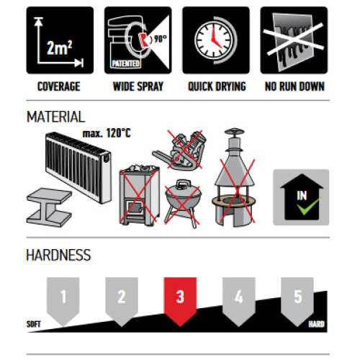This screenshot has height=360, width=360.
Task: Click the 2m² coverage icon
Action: [60, 40]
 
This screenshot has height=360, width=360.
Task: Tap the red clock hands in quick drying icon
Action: [215, 38]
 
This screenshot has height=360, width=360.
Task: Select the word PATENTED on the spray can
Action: [125, 63]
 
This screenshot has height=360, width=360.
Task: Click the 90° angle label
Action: [161, 38]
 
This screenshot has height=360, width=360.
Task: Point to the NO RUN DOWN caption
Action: [294, 86]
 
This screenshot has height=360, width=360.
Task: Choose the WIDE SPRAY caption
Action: [138, 86]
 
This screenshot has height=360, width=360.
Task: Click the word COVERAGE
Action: [59, 86]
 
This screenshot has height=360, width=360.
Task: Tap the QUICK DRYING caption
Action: [217, 86]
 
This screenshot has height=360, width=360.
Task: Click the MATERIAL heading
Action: [56, 117]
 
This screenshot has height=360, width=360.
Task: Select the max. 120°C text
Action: [107, 133]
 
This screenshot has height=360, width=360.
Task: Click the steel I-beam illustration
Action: [49, 207]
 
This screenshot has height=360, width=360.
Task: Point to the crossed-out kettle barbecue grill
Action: [183, 204]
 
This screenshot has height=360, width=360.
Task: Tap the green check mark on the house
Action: [309, 205]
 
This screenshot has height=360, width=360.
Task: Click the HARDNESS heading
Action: [58, 255]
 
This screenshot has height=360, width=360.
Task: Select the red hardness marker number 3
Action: [180, 301]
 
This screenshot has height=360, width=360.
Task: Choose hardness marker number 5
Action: [297, 301]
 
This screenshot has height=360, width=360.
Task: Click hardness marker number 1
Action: [63, 301]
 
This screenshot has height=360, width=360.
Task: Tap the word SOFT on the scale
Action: [34, 324]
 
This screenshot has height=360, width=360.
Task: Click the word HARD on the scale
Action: [316, 324]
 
